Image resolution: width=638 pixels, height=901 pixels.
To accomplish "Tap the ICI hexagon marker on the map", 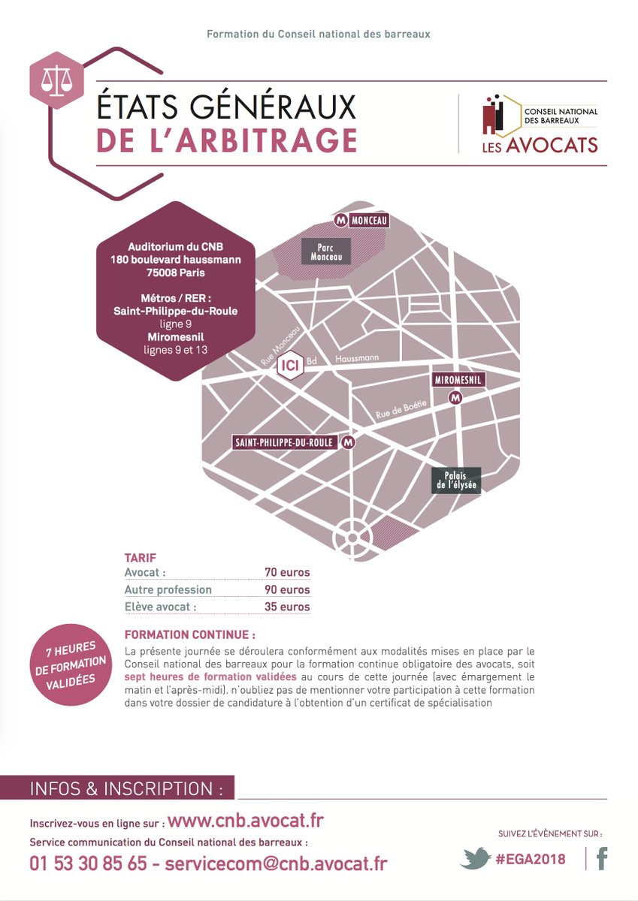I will [289, 366].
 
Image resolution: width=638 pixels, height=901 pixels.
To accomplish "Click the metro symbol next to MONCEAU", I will [341, 220].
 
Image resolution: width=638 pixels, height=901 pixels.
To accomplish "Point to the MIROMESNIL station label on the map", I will [457, 381].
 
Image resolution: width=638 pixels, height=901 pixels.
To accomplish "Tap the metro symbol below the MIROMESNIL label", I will [455, 399].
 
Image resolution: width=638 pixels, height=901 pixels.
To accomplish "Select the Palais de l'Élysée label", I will [456, 481].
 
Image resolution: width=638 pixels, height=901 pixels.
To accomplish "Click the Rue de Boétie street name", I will [401, 408].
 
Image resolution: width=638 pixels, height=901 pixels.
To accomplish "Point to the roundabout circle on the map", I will [350, 538].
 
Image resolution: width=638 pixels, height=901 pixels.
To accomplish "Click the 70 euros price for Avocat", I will [287, 573].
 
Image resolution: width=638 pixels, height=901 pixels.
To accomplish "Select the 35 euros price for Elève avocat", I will [287, 607].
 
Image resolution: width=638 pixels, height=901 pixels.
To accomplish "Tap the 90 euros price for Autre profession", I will [287, 590].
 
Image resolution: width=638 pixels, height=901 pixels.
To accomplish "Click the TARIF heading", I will [141, 559].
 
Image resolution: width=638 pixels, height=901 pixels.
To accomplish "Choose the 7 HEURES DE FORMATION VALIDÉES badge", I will [70, 664].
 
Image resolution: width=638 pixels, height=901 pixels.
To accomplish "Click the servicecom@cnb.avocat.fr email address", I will [276, 863].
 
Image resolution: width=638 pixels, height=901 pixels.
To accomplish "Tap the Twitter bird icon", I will [475, 858].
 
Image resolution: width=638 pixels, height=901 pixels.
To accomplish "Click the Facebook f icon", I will [601, 858].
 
